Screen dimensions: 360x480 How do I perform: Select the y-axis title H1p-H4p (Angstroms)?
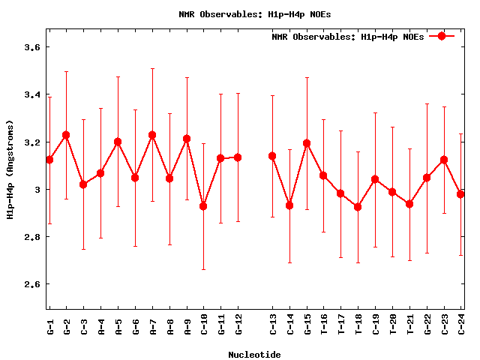10,169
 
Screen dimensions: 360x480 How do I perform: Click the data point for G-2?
66,135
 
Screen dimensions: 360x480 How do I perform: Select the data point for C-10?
203,206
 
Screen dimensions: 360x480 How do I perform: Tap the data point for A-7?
152,135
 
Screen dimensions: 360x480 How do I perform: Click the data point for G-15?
307,143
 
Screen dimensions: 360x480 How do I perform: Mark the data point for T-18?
358,207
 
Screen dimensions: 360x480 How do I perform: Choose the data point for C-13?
272,156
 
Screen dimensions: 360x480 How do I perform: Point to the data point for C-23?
444,160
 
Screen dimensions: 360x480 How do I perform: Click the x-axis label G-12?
238,326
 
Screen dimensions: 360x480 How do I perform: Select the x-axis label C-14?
290,326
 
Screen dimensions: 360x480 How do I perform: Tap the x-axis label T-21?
410,326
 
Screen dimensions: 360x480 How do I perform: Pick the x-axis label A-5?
118,325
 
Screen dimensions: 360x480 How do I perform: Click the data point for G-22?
427,178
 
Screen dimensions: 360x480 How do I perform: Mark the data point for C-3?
83,184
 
